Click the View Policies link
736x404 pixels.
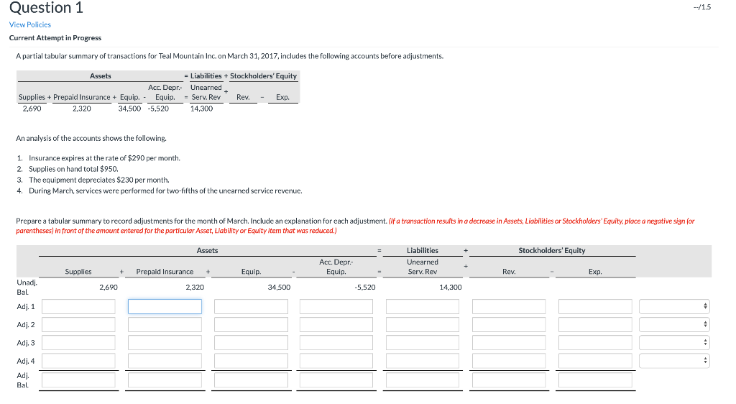pos(30,24)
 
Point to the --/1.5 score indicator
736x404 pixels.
pos(715,7)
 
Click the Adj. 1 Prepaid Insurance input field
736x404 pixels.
pos(165,306)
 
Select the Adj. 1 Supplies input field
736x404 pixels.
pos(78,306)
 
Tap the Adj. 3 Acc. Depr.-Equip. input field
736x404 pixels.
pos(336,343)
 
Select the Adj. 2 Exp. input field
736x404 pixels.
pos(595,325)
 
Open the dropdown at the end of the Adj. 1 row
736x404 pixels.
pos(674,306)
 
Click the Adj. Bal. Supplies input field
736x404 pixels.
pos(78,380)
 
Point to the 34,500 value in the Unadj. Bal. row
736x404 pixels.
pos(279,287)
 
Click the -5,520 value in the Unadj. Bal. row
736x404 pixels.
pos(364,287)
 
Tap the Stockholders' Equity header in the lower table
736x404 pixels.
pos(552,250)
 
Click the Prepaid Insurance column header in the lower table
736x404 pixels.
pos(165,272)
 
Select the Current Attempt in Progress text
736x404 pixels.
pos(55,37)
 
